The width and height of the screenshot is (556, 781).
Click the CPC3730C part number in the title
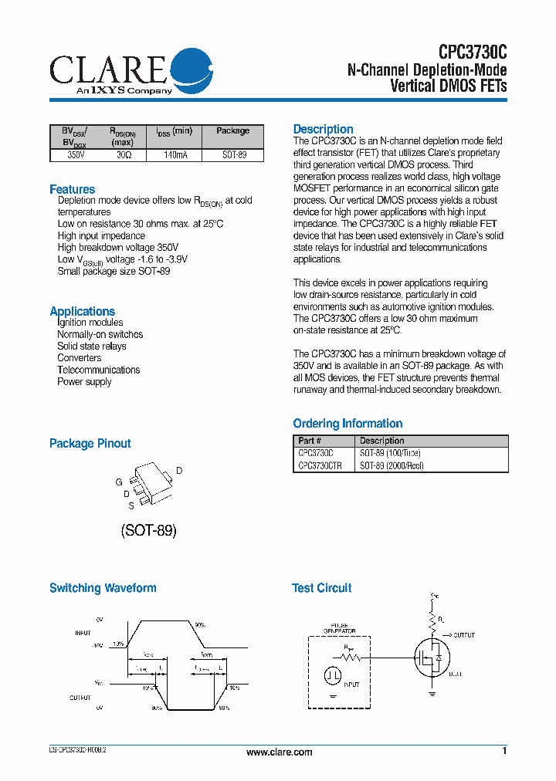(x=473, y=52)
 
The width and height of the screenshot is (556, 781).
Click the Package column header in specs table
(x=232, y=131)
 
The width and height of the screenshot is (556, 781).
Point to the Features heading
(x=73, y=189)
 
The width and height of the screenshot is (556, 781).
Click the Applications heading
(x=82, y=311)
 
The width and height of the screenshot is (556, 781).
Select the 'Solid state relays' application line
(x=91, y=347)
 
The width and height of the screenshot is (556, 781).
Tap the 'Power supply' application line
(x=84, y=382)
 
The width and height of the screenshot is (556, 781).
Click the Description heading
(x=323, y=129)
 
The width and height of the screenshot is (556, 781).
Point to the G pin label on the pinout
(x=119, y=482)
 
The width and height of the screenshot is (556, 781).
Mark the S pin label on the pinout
(x=131, y=505)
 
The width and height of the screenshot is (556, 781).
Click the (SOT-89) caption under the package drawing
(x=148, y=531)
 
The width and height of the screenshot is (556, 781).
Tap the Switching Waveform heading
(x=103, y=588)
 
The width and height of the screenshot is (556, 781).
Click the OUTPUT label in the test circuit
(x=464, y=635)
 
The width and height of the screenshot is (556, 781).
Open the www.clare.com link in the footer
(x=279, y=752)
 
